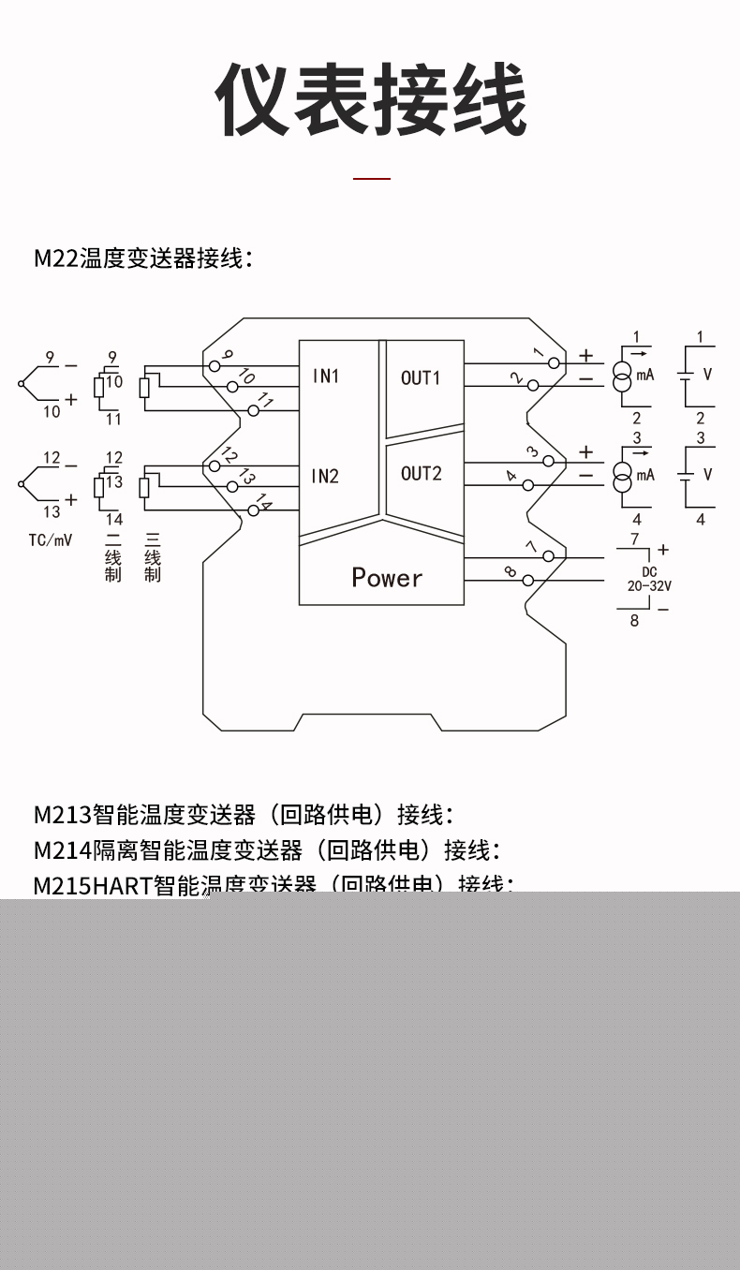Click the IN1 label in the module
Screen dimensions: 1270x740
coord(326,377)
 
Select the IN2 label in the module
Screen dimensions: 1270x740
coord(326,476)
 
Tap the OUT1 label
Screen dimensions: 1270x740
coord(421,377)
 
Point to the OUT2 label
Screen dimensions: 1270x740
coord(421,473)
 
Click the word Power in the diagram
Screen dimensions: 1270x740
coord(387,577)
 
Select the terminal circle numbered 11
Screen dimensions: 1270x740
coord(253,410)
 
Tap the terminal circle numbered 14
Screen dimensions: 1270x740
coord(253,509)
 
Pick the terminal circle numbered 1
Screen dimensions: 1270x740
coord(554,363)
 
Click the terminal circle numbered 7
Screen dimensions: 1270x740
coord(549,556)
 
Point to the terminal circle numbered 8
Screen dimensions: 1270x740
coord(528,581)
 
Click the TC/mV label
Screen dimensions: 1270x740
coord(50,540)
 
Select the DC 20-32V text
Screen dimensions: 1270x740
coord(648,579)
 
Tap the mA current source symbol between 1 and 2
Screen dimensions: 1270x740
coord(622,376)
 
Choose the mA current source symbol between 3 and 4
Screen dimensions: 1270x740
coord(622,476)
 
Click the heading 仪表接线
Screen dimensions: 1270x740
coord(371,100)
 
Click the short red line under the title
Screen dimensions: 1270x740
coord(371,177)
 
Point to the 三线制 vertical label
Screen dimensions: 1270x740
coord(153,557)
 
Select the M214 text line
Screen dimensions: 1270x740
coord(266,850)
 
